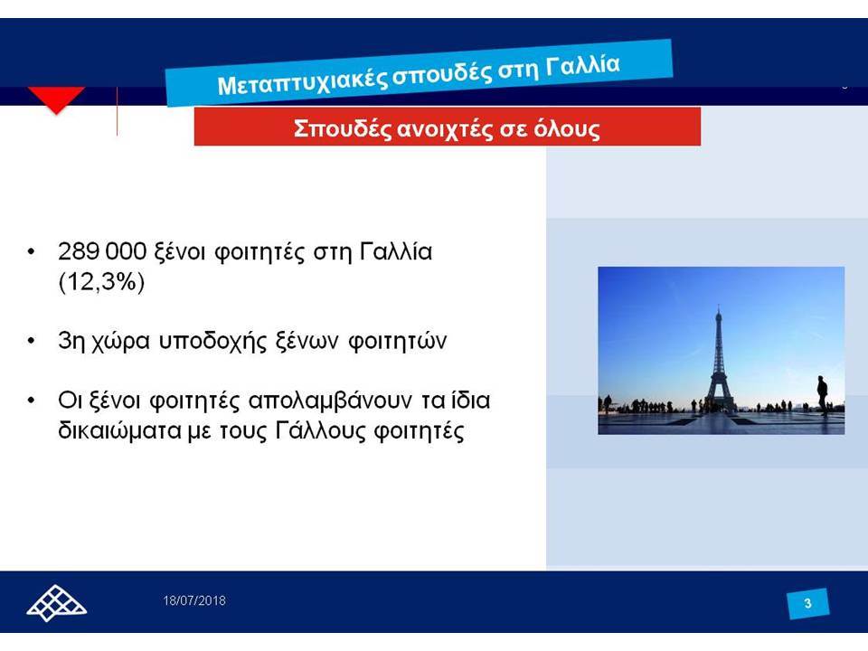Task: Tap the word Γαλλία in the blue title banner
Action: click(x=582, y=65)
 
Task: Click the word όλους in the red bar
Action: click(x=566, y=128)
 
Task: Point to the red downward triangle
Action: click(x=56, y=99)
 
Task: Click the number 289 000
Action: click(x=102, y=251)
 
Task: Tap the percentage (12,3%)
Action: click(x=101, y=282)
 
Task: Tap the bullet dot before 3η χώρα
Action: click(x=31, y=341)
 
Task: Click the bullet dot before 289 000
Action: click(x=31, y=251)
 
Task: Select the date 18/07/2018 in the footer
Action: click(x=194, y=600)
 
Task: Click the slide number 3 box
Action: click(x=807, y=603)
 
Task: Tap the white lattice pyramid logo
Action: click(x=56, y=603)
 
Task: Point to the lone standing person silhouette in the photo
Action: click(x=823, y=395)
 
